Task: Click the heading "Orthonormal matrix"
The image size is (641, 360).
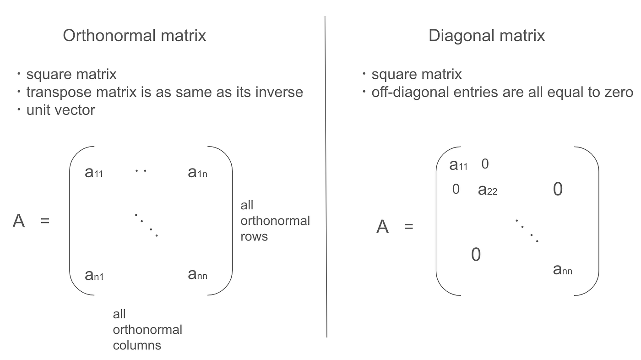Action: [x=135, y=36]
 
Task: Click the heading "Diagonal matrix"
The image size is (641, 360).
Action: [x=487, y=36]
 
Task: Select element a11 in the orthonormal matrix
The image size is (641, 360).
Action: [x=94, y=172]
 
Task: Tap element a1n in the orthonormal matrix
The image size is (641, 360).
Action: [x=197, y=172]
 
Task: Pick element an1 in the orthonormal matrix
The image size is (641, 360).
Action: [x=94, y=275]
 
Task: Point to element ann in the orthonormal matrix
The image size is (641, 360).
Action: [x=197, y=274]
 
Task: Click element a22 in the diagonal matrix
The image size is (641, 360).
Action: [x=487, y=190]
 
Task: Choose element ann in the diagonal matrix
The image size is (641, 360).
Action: [x=562, y=270]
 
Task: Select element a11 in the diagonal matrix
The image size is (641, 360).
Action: [x=458, y=165]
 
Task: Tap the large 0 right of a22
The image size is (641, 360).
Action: [x=558, y=189]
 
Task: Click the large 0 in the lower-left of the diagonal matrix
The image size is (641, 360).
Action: [x=476, y=255]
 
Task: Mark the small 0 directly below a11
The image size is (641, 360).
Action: [x=456, y=189]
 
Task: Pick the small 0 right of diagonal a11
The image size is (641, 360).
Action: [x=485, y=164]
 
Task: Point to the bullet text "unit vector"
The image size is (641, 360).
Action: [x=60, y=110]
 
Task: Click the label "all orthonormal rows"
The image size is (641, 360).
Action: [x=275, y=221]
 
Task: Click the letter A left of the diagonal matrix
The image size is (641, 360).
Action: [x=382, y=227]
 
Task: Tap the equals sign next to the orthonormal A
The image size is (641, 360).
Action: [x=44, y=221]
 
